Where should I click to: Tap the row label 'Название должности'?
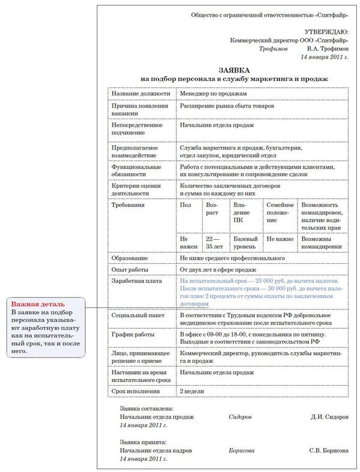pyautogui.click(x=139, y=94)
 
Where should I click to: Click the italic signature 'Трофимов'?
pyautogui.click(x=274, y=49)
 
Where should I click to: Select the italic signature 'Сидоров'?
pyautogui.click(x=241, y=416)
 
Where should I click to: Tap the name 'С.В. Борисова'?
pyautogui.click(x=328, y=450)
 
